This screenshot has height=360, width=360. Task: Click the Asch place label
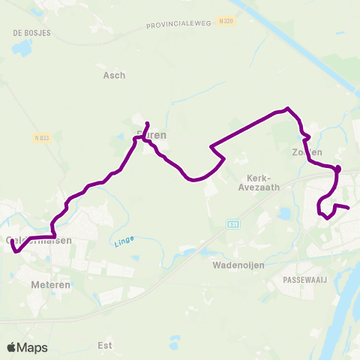click(x=114, y=75)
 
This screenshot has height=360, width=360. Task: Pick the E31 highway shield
click(x=232, y=223)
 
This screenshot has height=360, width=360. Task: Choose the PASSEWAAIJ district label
click(x=303, y=279)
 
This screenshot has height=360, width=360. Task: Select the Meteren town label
click(x=51, y=285)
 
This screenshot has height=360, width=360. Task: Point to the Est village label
click(x=105, y=346)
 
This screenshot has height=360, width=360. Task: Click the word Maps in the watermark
click(x=34, y=347)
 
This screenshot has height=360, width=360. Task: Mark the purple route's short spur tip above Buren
click(x=147, y=123)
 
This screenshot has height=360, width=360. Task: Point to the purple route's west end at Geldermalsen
click(x=12, y=241)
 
